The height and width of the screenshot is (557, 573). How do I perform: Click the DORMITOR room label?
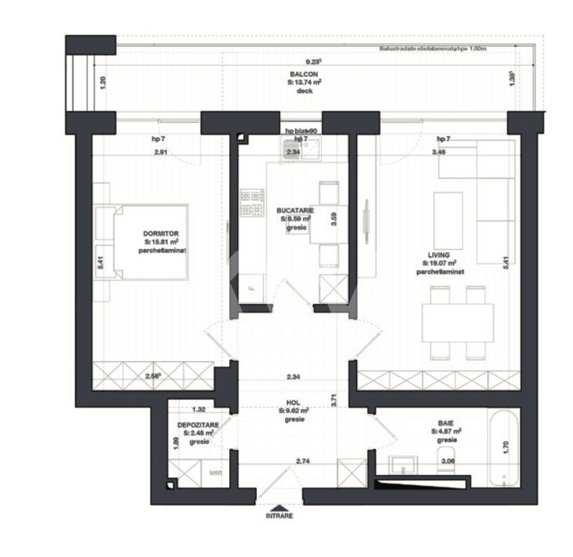click(161, 233)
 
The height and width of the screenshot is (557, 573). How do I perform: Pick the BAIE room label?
click(444, 423)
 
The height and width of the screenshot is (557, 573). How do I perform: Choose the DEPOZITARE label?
click(197, 425)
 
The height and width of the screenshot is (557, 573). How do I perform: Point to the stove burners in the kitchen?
click(252, 203)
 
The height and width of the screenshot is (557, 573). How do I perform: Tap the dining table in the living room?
click(458, 322)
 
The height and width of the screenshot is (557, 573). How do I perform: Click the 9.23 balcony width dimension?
click(313, 61)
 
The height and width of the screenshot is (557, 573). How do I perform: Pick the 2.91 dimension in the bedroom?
click(160, 152)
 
